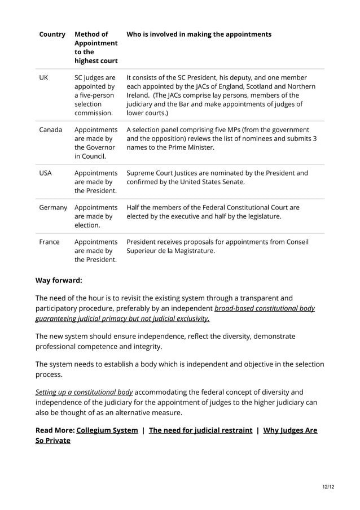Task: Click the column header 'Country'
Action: tap(52, 34)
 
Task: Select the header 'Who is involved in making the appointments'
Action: tap(199, 34)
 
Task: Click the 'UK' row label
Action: tap(43, 77)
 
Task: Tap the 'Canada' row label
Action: tap(51, 129)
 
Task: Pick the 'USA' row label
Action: tap(46, 173)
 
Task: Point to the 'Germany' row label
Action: tap(53, 207)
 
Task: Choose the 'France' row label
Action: tap(49, 242)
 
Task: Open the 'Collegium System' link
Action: tap(107, 430)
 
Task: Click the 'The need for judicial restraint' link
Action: tap(200, 430)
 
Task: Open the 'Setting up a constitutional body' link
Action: tap(84, 392)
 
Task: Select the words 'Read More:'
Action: tap(55, 430)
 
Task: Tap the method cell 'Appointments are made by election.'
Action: tap(95, 216)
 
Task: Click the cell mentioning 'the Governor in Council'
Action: tap(95, 142)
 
